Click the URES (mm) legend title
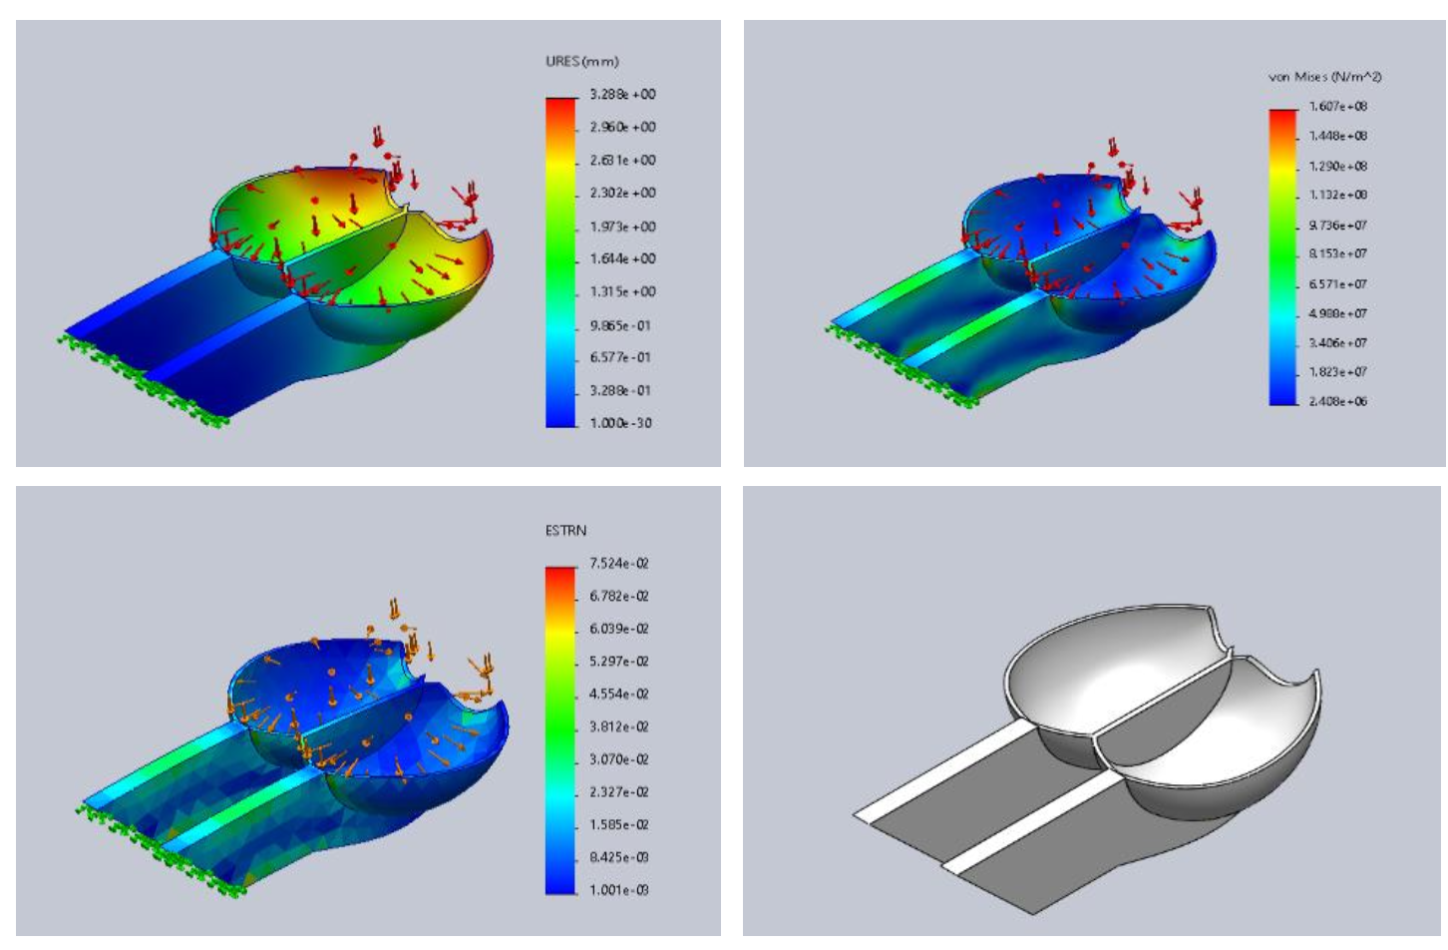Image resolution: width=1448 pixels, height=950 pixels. (582, 62)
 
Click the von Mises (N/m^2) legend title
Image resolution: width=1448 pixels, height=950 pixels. (1324, 77)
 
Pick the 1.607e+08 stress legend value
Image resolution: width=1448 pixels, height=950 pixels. (1338, 107)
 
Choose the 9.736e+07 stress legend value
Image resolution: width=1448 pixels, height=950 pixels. (1338, 226)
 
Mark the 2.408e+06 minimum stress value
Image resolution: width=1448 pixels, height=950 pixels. (1338, 401)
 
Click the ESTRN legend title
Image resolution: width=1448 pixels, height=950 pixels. (565, 531)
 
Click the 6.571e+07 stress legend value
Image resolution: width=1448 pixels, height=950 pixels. (1338, 284)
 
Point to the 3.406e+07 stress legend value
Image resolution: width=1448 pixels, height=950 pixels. (1338, 343)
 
